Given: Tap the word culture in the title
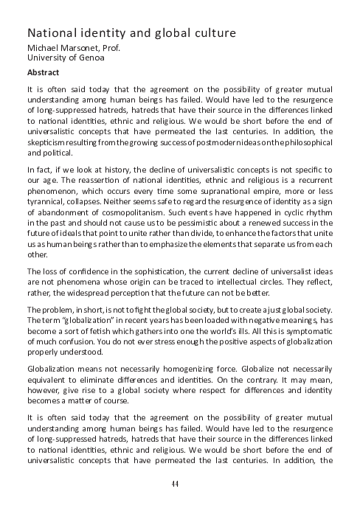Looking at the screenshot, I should click(x=214, y=34).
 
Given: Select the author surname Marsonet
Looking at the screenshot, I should click(x=85, y=49).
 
